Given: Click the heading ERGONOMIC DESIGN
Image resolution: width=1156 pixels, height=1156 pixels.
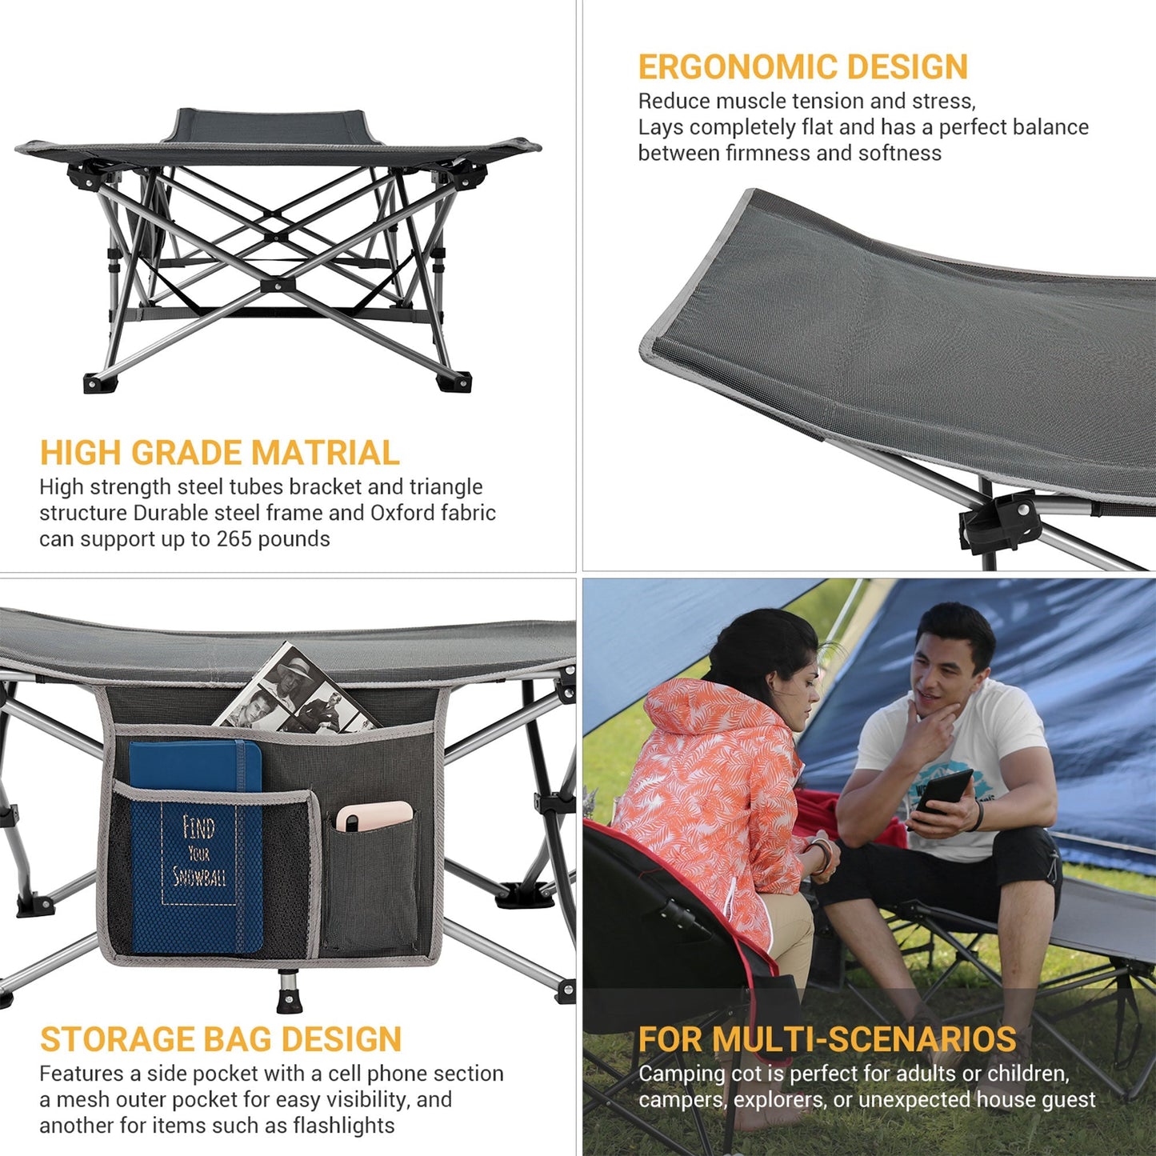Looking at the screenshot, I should click(802, 67).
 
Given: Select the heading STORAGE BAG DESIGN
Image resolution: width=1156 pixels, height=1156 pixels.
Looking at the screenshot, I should click(221, 1039).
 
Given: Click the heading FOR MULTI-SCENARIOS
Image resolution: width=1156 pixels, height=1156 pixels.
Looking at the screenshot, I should click(827, 1039).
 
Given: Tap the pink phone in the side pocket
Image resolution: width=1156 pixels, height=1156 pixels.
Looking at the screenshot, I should click(374, 816).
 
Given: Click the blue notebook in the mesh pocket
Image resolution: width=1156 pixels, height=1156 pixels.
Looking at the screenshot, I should click(195, 848).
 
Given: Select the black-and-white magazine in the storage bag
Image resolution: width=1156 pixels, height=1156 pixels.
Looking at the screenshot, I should click(296, 692).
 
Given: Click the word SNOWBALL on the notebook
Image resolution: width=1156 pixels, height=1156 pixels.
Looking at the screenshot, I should click(199, 877).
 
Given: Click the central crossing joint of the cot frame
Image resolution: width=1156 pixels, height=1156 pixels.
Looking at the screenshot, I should click(277, 284).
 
